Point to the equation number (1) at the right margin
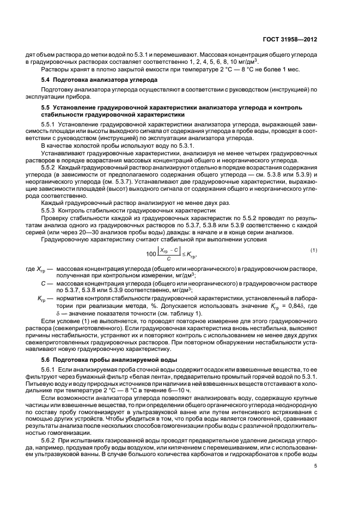tap(313, 235)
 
